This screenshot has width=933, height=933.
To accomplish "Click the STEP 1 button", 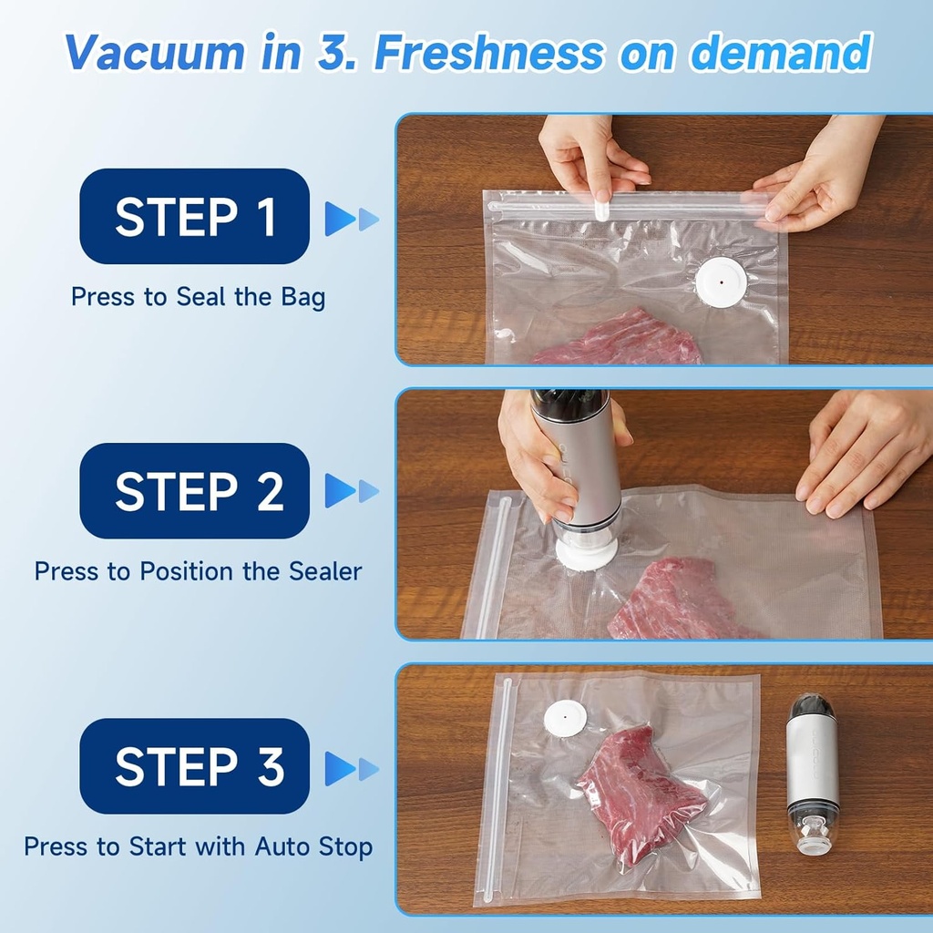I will point(194,216).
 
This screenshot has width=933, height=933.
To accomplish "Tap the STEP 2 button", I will point(194,491).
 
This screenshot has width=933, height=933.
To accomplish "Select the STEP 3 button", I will point(194,766).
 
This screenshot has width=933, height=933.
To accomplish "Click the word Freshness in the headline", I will point(488,53).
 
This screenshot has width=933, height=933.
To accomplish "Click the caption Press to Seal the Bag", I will point(198,297).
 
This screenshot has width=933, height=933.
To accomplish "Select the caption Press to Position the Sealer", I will point(198,571).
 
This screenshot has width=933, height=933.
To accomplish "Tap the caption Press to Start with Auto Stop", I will point(198,846).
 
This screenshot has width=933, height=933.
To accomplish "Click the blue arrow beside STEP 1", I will point(351,219).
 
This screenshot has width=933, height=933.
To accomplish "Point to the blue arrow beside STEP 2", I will point(351,491).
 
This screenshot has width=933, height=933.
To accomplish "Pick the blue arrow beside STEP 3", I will point(351,768).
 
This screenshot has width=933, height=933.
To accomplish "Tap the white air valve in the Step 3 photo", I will point(565,718).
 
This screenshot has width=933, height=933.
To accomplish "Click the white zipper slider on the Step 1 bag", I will point(601,209).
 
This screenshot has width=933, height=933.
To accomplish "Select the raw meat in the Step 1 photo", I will point(620,340).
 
